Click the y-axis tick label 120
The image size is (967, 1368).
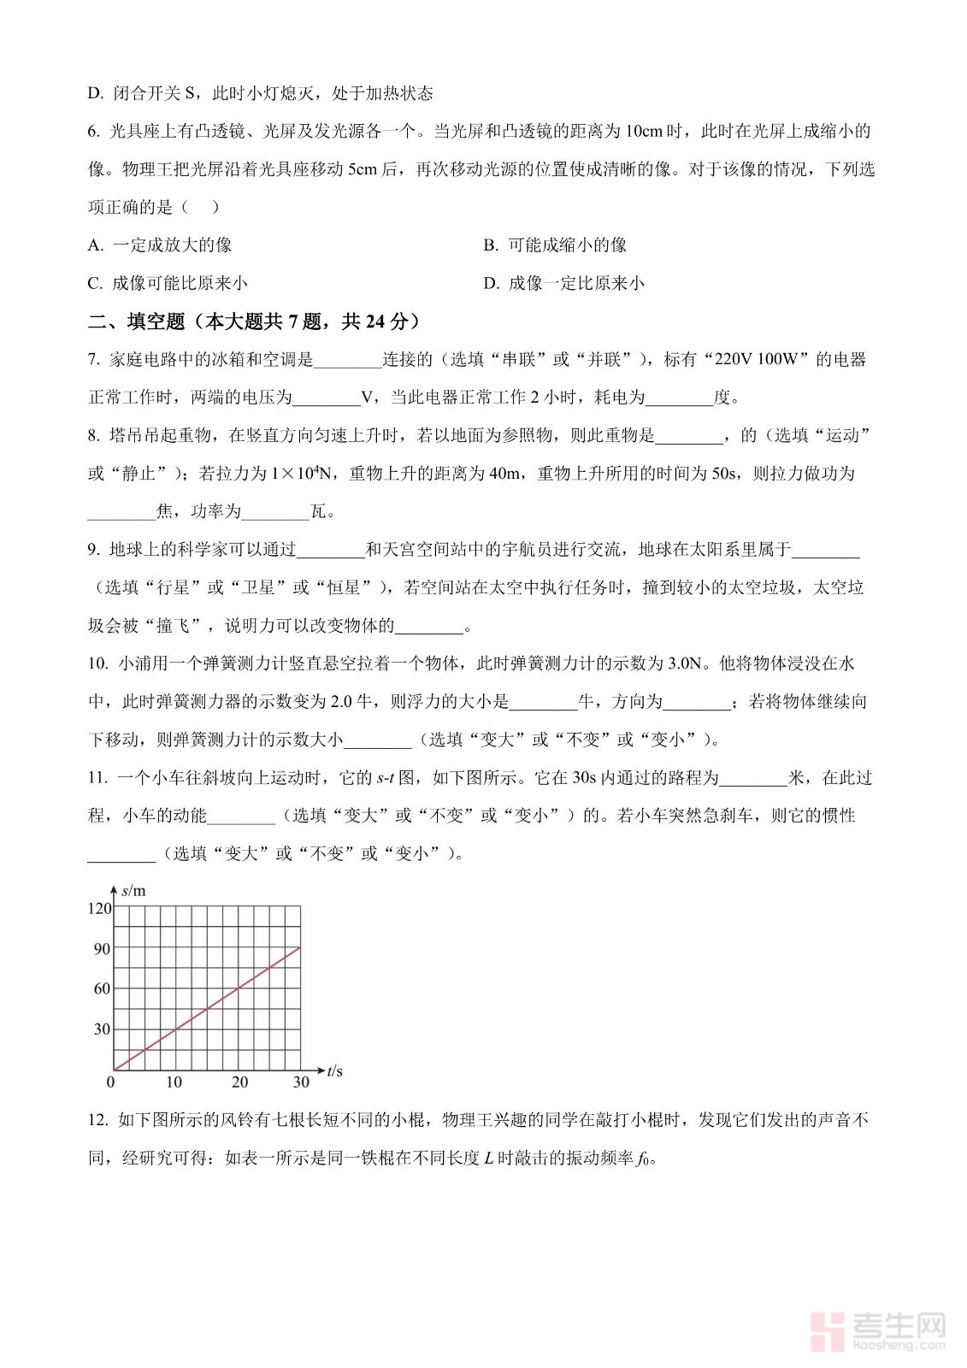pos(99,908)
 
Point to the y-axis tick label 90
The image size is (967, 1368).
pos(102,948)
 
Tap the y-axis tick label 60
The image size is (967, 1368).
pos(102,988)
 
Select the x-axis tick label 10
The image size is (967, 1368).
pos(174,1082)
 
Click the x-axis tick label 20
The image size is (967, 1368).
pos(239,1082)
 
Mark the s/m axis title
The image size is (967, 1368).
pos(133,890)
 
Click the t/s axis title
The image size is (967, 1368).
pos(334,1070)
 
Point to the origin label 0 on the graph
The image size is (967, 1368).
pos(110,1082)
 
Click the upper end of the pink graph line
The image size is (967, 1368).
pos(299,947)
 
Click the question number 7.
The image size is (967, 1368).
pos(93,360)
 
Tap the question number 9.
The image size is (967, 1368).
pos(93,550)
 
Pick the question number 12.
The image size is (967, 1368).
pos(97,1120)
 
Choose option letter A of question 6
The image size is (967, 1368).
pos(95,245)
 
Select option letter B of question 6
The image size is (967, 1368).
pos(490,245)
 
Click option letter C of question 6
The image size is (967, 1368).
pos(95,284)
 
